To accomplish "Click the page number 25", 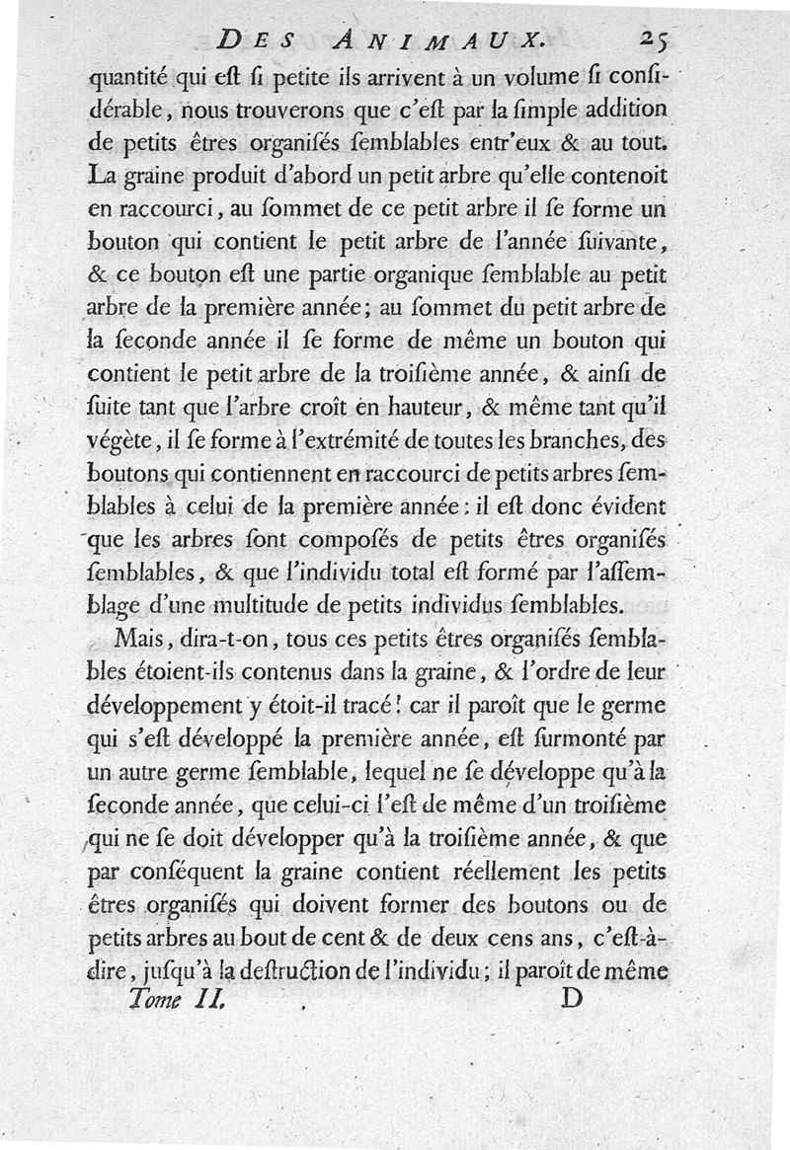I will coord(656,39).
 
